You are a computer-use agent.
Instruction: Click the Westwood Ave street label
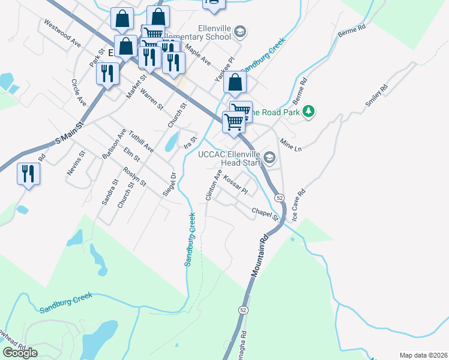point(61,32)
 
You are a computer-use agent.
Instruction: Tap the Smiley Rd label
point(376,96)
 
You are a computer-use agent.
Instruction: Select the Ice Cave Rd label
point(298,205)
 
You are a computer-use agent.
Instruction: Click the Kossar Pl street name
point(235,184)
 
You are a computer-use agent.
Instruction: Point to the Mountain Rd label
point(258,256)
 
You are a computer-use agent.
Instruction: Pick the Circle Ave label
point(79,92)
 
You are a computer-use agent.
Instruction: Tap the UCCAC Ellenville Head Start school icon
point(269,157)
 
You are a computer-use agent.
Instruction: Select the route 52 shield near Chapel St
point(280,197)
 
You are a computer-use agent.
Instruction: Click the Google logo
point(20,353)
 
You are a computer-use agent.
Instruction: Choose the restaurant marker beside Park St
point(107,74)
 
